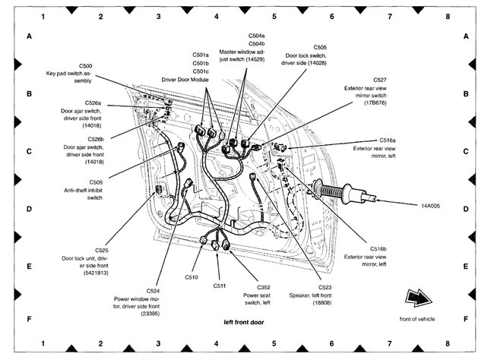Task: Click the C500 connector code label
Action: pyautogui.click(x=86, y=66)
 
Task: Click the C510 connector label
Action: pyautogui.click(x=191, y=277)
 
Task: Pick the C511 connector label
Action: pyautogui.click(x=220, y=286)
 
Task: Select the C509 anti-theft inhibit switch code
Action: pyautogui.click(x=96, y=182)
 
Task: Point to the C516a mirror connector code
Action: pyautogui.click(x=388, y=140)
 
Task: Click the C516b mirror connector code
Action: pyautogui.click(x=378, y=248)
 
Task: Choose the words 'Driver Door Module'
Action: pyautogui.click(x=185, y=78)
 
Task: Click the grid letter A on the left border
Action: pyautogui.click(x=29, y=36)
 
